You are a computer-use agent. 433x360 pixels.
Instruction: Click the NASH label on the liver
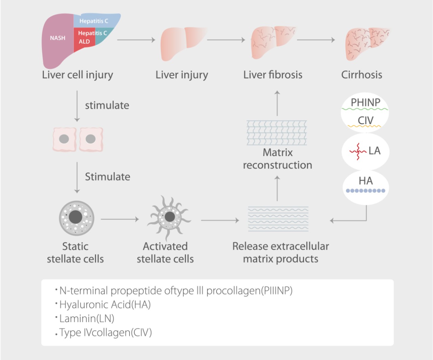pos(58,38)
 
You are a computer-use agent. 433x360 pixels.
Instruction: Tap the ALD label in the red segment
pos(84,42)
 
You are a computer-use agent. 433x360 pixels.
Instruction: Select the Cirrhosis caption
pos(361,75)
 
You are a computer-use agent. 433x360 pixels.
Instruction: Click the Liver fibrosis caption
pos(273,75)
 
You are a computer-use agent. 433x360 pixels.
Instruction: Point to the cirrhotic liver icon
pos(367,43)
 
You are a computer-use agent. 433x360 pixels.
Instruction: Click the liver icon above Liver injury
pos(183,43)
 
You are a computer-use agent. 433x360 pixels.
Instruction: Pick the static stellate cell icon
pos(76,218)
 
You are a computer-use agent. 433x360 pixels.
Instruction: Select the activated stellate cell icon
pos(169,217)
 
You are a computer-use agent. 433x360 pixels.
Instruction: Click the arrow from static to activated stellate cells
pos(120,219)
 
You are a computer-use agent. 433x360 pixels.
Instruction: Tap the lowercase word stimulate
pos(107,105)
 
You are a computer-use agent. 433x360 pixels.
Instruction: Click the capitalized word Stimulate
pos(107,177)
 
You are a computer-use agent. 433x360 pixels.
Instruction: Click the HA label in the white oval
pos(366,181)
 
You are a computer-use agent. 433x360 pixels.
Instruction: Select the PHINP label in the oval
pos(365,102)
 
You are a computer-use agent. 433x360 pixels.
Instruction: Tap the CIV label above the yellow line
pos(365,120)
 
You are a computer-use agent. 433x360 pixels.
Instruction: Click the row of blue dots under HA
pos(365,190)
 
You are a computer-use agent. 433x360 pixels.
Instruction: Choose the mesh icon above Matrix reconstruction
pos(277,133)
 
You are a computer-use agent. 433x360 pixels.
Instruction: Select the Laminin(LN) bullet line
pos(87,318)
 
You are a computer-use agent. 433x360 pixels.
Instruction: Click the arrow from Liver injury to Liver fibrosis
pos(226,40)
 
